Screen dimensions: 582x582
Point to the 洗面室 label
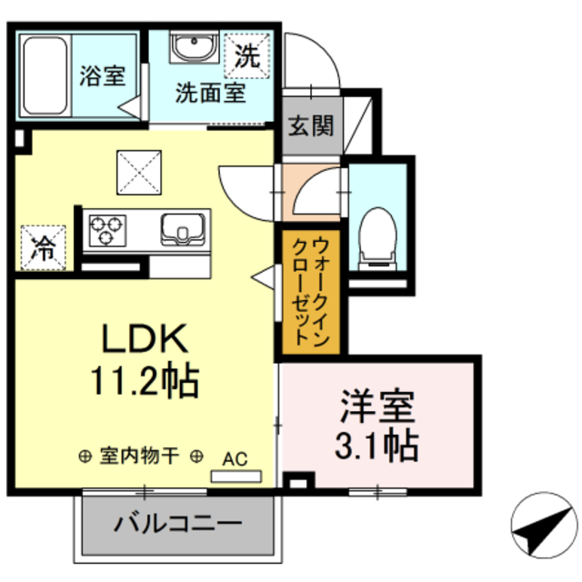click(210, 93)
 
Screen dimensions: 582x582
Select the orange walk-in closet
click(310, 293)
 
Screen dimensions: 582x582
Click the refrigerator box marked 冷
click(43, 246)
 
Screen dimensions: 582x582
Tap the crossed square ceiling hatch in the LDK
click(137, 171)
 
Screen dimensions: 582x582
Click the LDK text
click(144, 339)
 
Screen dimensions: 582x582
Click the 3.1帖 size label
click(378, 445)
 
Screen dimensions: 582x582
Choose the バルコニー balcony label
click(178, 524)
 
